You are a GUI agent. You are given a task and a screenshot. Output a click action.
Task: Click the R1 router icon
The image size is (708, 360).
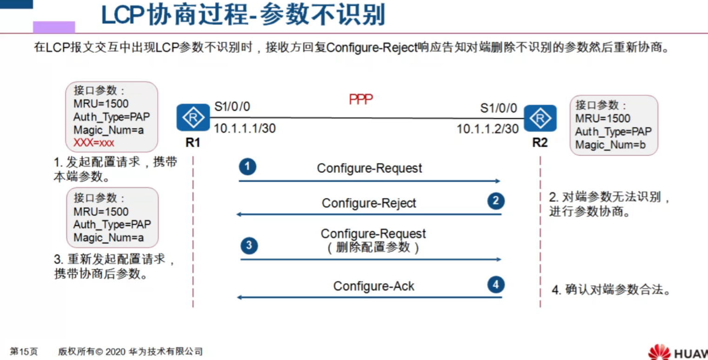pos(193,118)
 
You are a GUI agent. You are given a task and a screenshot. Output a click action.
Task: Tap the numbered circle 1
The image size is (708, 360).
pos(248,167)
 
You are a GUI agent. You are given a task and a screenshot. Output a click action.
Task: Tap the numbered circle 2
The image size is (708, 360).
pos(496,201)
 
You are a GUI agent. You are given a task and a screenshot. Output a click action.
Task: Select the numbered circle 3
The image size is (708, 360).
pos(249,245)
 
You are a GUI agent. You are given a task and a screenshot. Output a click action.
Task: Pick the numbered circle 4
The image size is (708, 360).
pos(496,284)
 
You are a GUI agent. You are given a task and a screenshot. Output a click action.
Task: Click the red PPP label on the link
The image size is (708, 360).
pos(361,99)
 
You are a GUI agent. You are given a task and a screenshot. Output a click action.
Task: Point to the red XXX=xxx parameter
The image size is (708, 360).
pos(94,143)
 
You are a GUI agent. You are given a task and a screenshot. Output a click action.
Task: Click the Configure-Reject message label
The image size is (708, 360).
pos(369,203)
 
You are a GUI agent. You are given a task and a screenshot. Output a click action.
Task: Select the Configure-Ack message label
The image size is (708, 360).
pos(374,286)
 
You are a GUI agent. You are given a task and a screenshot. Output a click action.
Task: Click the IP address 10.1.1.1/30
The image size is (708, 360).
pos(245,128)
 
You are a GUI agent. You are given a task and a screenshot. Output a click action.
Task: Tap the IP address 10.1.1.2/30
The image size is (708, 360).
pos(488,129)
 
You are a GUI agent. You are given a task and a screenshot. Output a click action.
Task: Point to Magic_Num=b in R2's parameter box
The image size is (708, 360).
pos(610,145)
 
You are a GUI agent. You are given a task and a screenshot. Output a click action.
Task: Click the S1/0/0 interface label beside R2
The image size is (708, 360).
pos(499,108)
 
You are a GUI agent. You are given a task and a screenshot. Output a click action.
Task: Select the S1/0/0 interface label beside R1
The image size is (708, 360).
pos(232,107)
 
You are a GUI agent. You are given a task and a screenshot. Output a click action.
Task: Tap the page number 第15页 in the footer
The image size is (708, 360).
pos(24,352)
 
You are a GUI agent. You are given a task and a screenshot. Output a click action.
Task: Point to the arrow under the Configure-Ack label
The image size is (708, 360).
pos(370,297)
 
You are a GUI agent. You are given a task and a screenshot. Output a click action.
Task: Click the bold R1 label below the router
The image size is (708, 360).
pos(193,142)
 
